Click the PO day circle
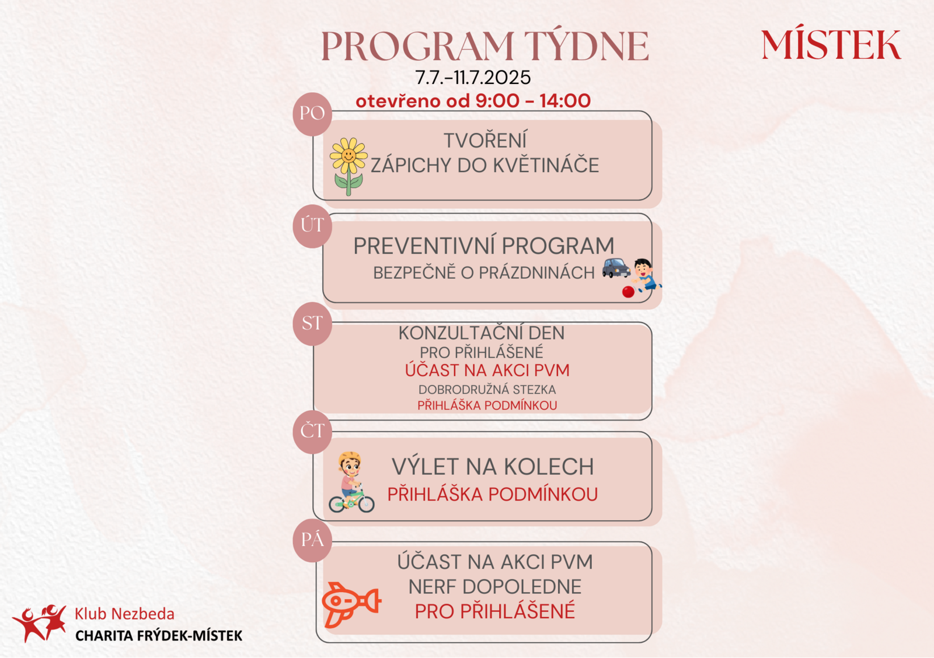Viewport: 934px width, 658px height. point(312,114)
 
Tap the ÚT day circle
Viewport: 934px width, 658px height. point(312,226)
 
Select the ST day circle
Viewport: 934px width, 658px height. point(312,324)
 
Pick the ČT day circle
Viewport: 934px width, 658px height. point(312,432)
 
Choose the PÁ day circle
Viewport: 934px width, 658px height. point(312,541)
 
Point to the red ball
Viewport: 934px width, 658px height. point(628,292)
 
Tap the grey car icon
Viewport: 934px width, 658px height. point(616,268)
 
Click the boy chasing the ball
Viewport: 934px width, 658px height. point(646,275)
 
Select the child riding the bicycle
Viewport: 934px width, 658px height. point(351,482)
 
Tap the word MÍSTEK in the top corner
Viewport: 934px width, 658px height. point(831,44)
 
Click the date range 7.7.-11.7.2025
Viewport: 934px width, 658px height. point(473,78)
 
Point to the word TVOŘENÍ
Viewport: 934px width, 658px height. point(485,141)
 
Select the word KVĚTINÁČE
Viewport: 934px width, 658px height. point(546,165)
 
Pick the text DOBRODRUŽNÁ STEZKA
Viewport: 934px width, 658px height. point(487,390)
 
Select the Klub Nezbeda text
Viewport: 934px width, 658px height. point(124,614)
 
